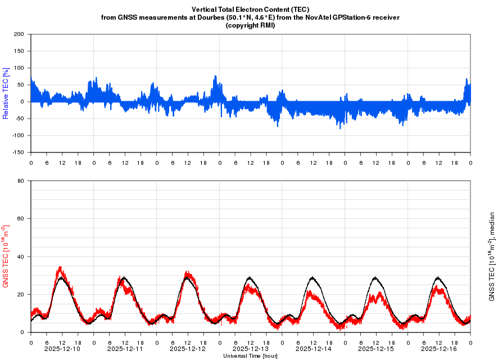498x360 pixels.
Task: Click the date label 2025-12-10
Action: [x=62, y=349]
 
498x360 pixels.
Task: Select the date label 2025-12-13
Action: [x=251, y=349]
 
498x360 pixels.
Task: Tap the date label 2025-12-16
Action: [x=439, y=349]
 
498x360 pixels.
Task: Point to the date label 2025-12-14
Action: [x=314, y=349]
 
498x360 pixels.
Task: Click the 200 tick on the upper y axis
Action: [x=19, y=34]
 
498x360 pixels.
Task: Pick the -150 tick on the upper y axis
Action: [x=18, y=152]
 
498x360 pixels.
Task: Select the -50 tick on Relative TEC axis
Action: [x=20, y=119]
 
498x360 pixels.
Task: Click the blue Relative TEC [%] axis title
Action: [x=6, y=93]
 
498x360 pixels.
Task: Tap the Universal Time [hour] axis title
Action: [x=250, y=356]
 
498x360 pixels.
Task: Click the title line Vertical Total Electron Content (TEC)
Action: [x=250, y=10]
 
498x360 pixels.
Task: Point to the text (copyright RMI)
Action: [x=250, y=25]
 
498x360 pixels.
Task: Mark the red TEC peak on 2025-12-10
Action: [x=60, y=268]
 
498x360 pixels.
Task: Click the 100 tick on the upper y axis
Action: [x=19, y=68]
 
